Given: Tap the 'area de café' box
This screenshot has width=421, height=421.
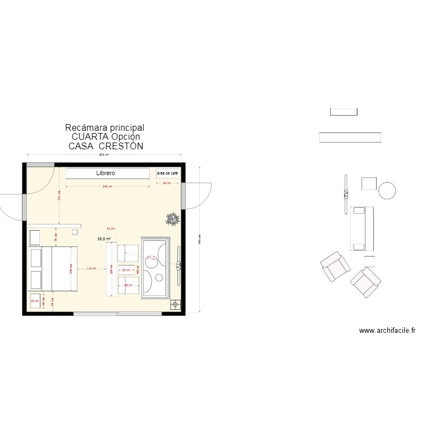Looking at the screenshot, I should (x=167, y=174).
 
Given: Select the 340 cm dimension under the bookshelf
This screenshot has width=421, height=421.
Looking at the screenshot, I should (x=107, y=186).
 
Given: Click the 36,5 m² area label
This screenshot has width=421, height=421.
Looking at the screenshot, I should (x=104, y=239).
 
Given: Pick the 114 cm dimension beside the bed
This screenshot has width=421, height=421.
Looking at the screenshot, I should (x=90, y=268).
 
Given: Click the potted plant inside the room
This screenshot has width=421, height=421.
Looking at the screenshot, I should (x=172, y=218).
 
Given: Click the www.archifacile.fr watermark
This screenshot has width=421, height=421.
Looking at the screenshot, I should (x=387, y=331).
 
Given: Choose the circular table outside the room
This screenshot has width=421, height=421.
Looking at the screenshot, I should (x=387, y=190).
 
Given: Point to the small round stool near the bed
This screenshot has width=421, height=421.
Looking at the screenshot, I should (x=75, y=231).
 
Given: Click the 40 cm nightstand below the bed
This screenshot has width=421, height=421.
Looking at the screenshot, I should (x=35, y=301).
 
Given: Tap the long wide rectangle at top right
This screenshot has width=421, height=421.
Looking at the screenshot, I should (x=350, y=137).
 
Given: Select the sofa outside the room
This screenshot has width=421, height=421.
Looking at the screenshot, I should (x=362, y=228).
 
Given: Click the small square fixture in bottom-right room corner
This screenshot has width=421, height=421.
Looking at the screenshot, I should (x=175, y=304).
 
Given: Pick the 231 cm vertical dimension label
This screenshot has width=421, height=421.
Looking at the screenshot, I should (x=59, y=196).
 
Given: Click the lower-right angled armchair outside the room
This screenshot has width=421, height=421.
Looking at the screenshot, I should (x=365, y=282).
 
